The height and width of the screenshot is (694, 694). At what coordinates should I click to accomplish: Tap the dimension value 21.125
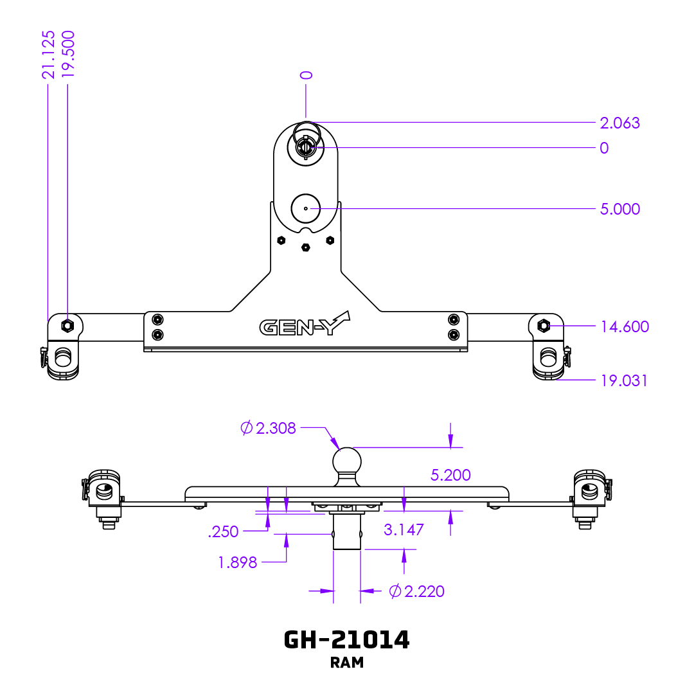(x=48, y=55)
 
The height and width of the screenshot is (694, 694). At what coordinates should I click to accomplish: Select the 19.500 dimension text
(x=68, y=55)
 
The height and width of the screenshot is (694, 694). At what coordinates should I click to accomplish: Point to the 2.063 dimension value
(x=619, y=123)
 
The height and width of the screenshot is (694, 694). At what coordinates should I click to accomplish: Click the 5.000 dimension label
(x=619, y=209)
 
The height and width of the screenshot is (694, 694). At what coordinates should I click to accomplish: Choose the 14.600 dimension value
(x=624, y=326)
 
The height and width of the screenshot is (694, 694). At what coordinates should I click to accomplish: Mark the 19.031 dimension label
(x=624, y=380)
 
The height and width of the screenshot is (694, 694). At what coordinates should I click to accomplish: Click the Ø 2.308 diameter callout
(x=269, y=428)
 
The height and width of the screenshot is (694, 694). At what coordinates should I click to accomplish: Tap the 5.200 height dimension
(x=450, y=475)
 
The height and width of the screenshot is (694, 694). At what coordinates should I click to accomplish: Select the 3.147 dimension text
(x=404, y=529)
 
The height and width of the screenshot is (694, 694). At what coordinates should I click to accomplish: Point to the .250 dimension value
(x=224, y=531)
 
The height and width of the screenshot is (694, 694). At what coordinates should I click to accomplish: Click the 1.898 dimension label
(x=238, y=563)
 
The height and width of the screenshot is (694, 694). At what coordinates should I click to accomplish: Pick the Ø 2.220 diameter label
(x=417, y=591)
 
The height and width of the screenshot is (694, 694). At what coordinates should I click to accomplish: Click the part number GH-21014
(x=347, y=639)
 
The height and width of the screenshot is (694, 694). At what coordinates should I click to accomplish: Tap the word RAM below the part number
(x=347, y=663)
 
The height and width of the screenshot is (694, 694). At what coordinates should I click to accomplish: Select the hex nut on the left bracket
(x=67, y=325)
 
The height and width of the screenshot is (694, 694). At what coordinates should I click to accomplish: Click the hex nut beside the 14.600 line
(x=544, y=326)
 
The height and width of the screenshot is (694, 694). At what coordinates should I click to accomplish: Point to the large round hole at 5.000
(x=305, y=208)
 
